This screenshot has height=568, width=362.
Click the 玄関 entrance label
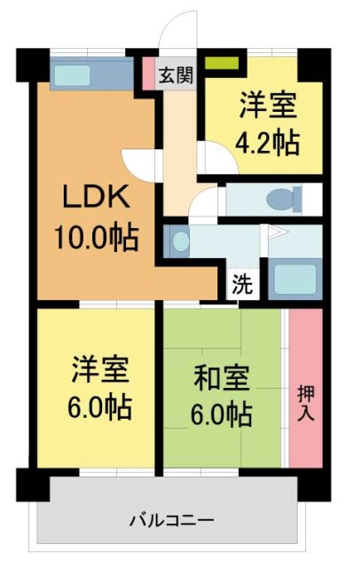click(176, 75)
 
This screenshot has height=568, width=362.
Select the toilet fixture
click(282, 197)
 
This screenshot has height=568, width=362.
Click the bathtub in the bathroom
click(293, 279)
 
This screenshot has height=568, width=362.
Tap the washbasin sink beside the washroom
click(179, 241)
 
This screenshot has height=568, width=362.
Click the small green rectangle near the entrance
click(224, 64)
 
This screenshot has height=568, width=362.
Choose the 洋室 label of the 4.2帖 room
click(267, 103)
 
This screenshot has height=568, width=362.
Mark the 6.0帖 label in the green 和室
click(220, 414)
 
